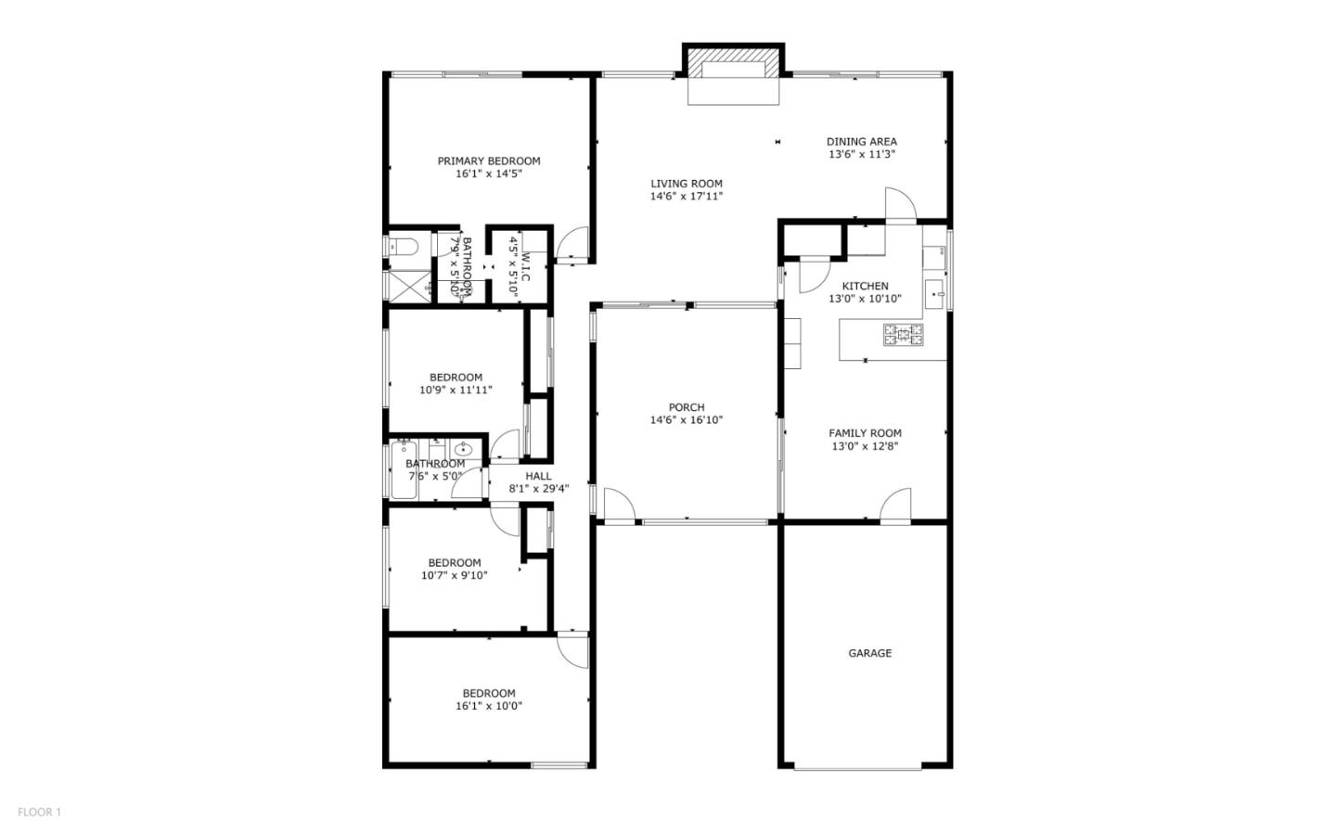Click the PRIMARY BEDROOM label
click(x=488, y=160)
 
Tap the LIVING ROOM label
click(x=686, y=184)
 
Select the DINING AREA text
click(x=862, y=142)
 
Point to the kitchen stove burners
click(x=903, y=335)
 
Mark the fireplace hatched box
click(x=733, y=70)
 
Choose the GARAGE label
click(x=869, y=653)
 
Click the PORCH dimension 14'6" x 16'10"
click(x=686, y=420)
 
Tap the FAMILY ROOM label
click(x=865, y=433)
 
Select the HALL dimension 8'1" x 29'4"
click(x=538, y=489)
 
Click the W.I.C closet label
click(x=525, y=267)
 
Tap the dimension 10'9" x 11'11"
click(x=456, y=391)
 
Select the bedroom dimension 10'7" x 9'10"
click(x=454, y=575)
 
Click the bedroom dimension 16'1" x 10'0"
click(x=488, y=706)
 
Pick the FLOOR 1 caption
click(x=39, y=813)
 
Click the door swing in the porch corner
click(x=618, y=507)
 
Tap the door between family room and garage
click(x=895, y=506)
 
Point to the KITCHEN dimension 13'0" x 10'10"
click(x=865, y=299)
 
